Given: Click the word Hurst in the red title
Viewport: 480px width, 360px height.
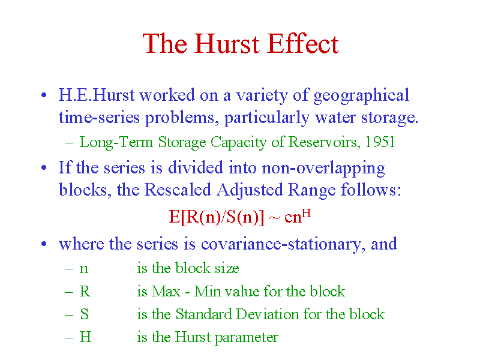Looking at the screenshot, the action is tap(227, 44).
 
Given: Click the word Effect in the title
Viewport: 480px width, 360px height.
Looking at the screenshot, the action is tap(304, 44).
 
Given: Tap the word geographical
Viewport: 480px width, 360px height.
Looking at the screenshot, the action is tap(362, 96).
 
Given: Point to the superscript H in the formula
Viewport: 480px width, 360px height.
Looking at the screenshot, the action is tap(307, 213).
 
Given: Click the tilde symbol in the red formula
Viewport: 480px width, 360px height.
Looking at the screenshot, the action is tap(274, 218).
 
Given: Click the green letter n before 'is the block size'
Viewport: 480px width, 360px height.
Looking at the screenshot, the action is tap(84, 269).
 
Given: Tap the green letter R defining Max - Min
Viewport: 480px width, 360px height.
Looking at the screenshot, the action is tap(85, 291).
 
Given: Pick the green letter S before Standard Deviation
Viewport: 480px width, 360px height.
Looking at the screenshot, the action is tap(85, 314).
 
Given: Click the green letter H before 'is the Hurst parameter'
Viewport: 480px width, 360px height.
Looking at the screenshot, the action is tap(85, 337).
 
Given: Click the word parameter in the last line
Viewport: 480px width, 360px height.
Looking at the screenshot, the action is tap(247, 338).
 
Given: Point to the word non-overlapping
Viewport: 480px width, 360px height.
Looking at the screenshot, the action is tap(323, 169).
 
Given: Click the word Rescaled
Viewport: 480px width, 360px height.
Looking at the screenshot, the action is tap(178, 190).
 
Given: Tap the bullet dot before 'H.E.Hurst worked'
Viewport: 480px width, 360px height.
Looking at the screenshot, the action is tap(44, 95).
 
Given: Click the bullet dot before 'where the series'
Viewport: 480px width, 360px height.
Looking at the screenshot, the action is tap(44, 244).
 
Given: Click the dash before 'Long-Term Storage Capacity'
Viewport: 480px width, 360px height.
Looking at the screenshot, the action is tap(69, 142).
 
